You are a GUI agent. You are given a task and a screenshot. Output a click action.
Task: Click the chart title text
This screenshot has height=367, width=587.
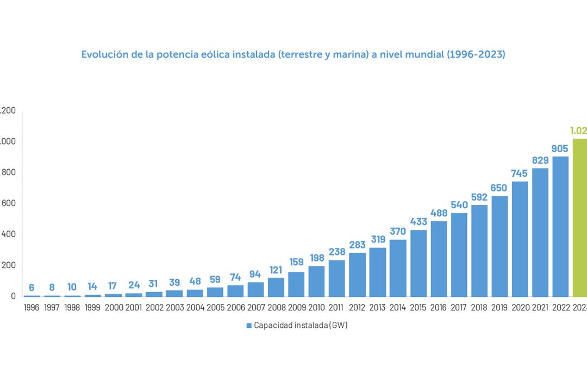(293, 55)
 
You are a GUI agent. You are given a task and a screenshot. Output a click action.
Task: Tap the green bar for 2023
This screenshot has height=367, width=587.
(580, 217)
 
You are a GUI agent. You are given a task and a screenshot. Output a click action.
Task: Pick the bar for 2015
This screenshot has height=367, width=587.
(419, 263)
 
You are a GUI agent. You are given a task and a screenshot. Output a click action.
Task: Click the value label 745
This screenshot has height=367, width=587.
(519, 173)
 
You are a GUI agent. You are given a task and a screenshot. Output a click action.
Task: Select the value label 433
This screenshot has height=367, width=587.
(419, 222)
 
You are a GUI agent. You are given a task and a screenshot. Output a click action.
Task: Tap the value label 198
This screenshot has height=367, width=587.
(317, 258)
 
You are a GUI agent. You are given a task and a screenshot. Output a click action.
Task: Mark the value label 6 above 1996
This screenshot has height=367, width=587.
(32, 287)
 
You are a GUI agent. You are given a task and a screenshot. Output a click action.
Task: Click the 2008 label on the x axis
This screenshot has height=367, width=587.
(276, 308)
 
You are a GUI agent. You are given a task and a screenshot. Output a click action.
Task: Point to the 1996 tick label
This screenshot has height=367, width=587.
(32, 308)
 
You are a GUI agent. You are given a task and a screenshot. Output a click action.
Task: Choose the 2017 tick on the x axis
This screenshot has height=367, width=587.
(459, 308)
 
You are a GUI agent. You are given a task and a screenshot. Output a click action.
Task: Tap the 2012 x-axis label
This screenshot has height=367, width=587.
(357, 308)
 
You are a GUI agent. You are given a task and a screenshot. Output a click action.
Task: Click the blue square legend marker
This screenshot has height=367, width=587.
(249, 325)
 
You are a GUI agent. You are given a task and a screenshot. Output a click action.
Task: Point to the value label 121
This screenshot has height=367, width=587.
(276, 270)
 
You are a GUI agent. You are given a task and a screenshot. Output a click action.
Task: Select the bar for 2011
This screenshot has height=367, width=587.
(337, 278)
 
